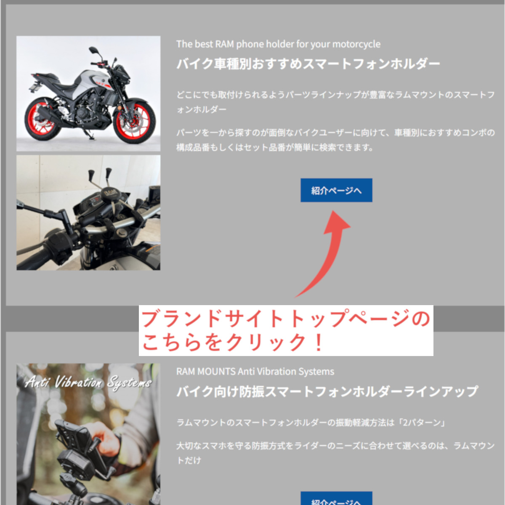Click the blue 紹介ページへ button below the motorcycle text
click(x=336, y=190)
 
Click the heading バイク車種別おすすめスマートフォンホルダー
click(x=308, y=64)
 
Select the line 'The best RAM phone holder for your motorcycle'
click(x=278, y=44)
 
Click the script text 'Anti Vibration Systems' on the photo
click(x=88, y=382)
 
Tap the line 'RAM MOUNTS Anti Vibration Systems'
click(x=255, y=371)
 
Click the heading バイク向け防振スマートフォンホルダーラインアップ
click(x=327, y=391)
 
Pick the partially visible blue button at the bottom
click(x=336, y=498)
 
